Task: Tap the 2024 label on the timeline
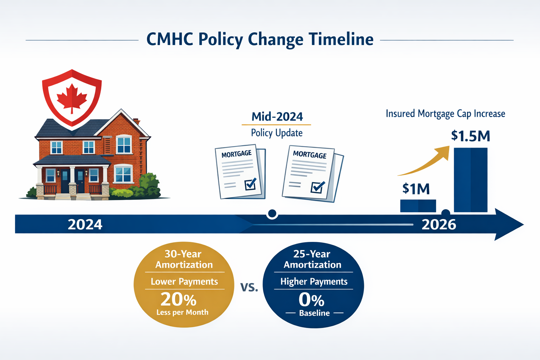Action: [x=85, y=224]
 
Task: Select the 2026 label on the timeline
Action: [x=439, y=224]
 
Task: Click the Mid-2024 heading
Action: [x=277, y=116]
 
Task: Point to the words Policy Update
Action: [x=277, y=133]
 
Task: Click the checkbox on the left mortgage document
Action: [x=250, y=184]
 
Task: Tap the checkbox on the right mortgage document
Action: [x=318, y=187]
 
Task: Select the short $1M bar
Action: [x=418, y=206]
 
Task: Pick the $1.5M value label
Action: [x=470, y=136]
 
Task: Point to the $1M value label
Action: [x=416, y=189]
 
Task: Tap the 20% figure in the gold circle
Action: [x=179, y=300]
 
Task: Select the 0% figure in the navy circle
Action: [x=311, y=300]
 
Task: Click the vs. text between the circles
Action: [x=249, y=287]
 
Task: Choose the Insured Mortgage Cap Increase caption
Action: [x=445, y=114]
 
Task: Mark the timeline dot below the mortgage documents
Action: [x=272, y=213]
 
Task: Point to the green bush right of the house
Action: [x=149, y=186]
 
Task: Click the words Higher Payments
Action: [x=314, y=282]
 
